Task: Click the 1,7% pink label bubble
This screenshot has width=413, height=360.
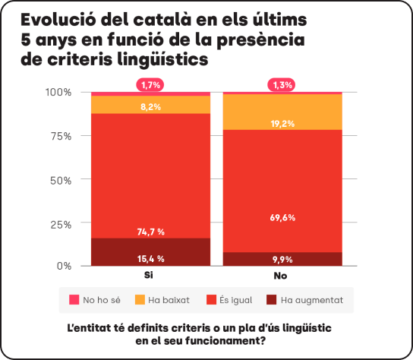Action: point(150,85)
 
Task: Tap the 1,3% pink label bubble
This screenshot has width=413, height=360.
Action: point(282,85)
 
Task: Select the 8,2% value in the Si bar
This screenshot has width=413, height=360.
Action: point(150,107)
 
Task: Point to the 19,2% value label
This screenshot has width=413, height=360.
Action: point(282,122)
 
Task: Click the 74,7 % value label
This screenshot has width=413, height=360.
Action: point(150,232)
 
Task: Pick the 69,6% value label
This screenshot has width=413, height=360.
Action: point(282,217)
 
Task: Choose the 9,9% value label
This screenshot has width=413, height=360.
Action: point(282,259)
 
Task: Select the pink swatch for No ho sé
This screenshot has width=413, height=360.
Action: point(74,300)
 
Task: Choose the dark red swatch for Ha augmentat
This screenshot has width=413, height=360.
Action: point(270,300)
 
